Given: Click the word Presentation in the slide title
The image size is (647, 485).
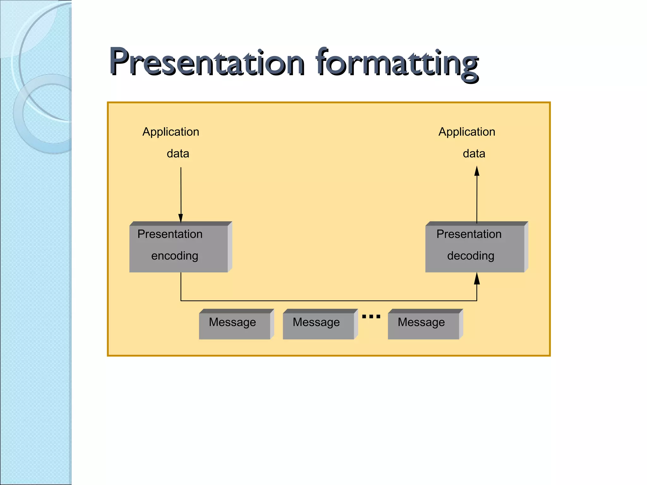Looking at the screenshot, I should (x=207, y=63).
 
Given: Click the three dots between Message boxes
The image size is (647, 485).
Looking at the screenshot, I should (x=371, y=316).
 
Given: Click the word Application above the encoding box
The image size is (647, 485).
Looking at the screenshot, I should (x=171, y=132).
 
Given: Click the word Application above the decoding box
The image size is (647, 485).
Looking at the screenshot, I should (x=467, y=132).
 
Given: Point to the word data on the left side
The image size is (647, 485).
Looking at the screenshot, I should (x=178, y=154).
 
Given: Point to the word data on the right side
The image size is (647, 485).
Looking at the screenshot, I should (x=474, y=154).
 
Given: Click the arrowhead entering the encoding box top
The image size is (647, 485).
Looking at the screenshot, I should (x=181, y=218).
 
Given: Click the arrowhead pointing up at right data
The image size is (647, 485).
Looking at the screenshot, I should (x=477, y=171).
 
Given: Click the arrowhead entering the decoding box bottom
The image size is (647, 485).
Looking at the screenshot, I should (x=477, y=279).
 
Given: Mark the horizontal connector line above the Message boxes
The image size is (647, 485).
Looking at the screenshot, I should (x=329, y=301).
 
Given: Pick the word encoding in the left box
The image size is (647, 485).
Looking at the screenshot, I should (x=175, y=256).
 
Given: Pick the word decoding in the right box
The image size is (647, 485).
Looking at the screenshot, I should (x=471, y=256).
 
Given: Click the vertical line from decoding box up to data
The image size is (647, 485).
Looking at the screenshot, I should (x=477, y=199).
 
